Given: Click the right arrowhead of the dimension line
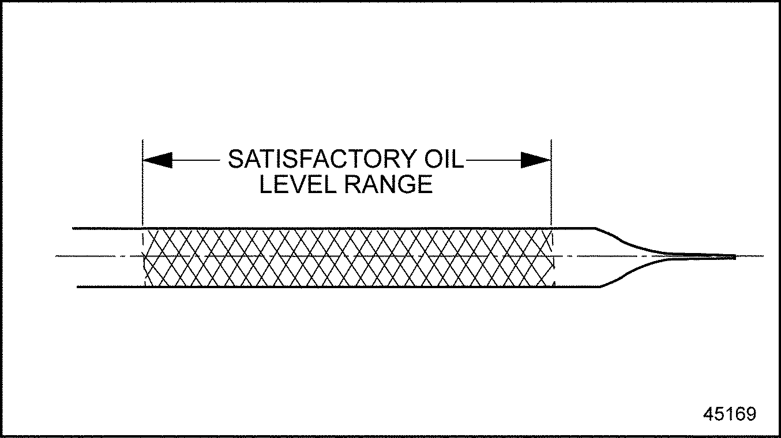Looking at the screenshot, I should pyautogui.click(x=536, y=160).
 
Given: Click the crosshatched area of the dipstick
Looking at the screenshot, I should pyautogui.click(x=346, y=257).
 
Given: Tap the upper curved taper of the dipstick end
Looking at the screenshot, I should pyautogui.click(x=629, y=243).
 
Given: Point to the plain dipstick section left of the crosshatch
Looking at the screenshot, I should pyautogui.click(x=107, y=257).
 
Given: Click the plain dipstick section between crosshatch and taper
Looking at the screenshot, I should pyautogui.click(x=574, y=257).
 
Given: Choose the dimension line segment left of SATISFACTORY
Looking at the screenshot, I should pyautogui.click(x=196, y=160).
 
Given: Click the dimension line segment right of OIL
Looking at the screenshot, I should pyautogui.click(x=493, y=160).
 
